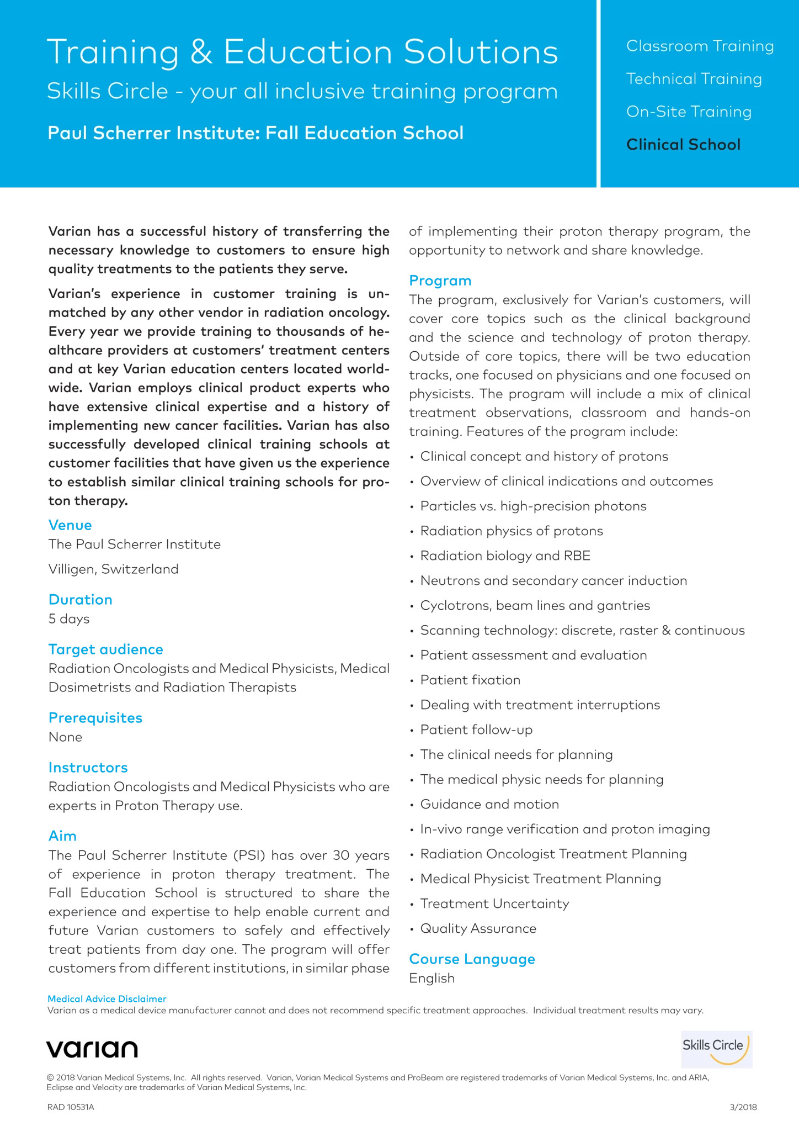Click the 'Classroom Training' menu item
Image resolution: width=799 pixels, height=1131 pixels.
pyautogui.click(x=700, y=46)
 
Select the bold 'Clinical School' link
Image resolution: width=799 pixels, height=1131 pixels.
pyautogui.click(x=683, y=145)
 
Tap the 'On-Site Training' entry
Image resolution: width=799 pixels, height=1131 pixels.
pyautogui.click(x=689, y=112)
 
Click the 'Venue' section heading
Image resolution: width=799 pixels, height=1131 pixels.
pyautogui.click(x=70, y=525)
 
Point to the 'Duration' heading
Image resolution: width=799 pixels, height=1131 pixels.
pyautogui.click(x=81, y=600)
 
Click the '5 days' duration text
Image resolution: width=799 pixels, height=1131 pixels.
pyautogui.click(x=69, y=619)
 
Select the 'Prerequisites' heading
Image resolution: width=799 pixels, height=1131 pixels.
pyautogui.click(x=95, y=718)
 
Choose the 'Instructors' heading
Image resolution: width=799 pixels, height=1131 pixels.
pyautogui.click(x=88, y=768)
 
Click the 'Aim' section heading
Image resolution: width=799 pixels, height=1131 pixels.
pyautogui.click(x=62, y=836)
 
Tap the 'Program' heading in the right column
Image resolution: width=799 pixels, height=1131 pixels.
pyautogui.click(x=440, y=281)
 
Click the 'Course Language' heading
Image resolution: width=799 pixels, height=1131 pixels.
pyautogui.click(x=472, y=959)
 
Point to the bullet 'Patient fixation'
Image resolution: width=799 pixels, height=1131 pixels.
pyautogui.click(x=470, y=680)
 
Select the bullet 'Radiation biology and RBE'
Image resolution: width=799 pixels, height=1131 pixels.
pyautogui.click(x=505, y=556)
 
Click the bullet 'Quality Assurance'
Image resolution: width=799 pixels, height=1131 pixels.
pyautogui.click(x=478, y=929)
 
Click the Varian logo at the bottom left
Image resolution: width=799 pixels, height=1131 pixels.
pyautogui.click(x=92, y=1049)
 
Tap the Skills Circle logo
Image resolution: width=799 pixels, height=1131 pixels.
pyautogui.click(x=716, y=1049)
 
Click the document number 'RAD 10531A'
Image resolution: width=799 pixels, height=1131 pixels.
pyautogui.click(x=71, y=1107)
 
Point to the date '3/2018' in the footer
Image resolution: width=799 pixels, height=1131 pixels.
pyautogui.click(x=743, y=1107)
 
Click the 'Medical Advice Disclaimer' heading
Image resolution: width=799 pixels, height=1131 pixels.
pyautogui.click(x=107, y=999)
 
